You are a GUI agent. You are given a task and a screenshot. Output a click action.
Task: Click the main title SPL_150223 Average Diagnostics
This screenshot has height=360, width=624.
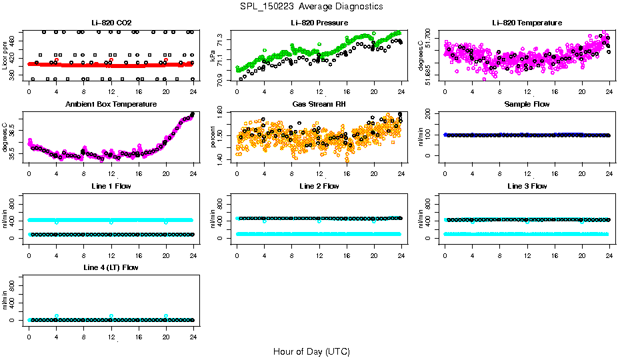point(312,6)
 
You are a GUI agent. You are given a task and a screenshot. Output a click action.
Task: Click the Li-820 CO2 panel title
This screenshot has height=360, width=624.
point(111,23)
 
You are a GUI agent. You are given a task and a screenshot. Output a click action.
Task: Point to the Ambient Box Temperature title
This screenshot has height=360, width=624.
point(111,105)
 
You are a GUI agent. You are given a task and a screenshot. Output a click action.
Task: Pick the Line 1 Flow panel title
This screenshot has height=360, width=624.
point(111,186)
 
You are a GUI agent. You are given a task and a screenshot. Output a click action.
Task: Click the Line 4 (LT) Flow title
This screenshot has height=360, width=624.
point(111,267)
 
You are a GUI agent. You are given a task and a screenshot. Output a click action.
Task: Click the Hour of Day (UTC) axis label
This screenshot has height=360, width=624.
point(311,351)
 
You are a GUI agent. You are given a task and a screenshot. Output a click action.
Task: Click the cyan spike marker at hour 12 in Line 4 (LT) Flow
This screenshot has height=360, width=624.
point(111,316)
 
